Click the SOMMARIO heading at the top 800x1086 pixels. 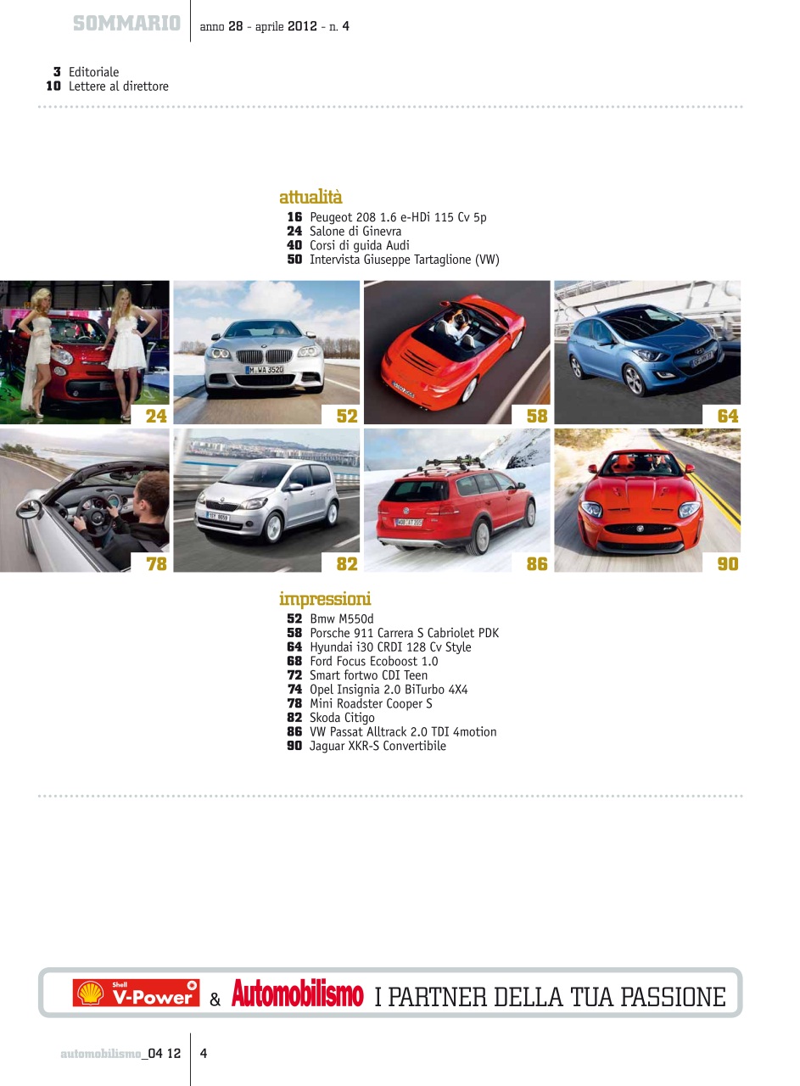coord(126,25)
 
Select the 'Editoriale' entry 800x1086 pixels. coord(93,72)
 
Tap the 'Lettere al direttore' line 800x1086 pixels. coord(118,87)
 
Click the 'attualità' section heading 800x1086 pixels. coord(310,198)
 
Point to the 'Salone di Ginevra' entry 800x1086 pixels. coord(355,231)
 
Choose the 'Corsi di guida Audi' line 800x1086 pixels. coord(359,245)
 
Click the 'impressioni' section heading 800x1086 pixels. coord(325,599)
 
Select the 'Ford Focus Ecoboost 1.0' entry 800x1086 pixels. coord(373,661)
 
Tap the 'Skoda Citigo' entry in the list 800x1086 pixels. coord(342,718)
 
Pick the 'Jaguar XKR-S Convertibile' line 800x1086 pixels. coord(378,746)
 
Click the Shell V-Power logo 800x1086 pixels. coord(137,993)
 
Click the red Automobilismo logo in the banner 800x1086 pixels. coord(297,994)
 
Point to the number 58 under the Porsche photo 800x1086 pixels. coord(537,416)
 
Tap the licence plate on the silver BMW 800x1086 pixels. coord(266,370)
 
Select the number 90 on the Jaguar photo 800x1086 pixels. coord(728,563)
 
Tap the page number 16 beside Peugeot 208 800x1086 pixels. coord(294,217)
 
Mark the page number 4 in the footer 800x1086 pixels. coord(204,1054)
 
